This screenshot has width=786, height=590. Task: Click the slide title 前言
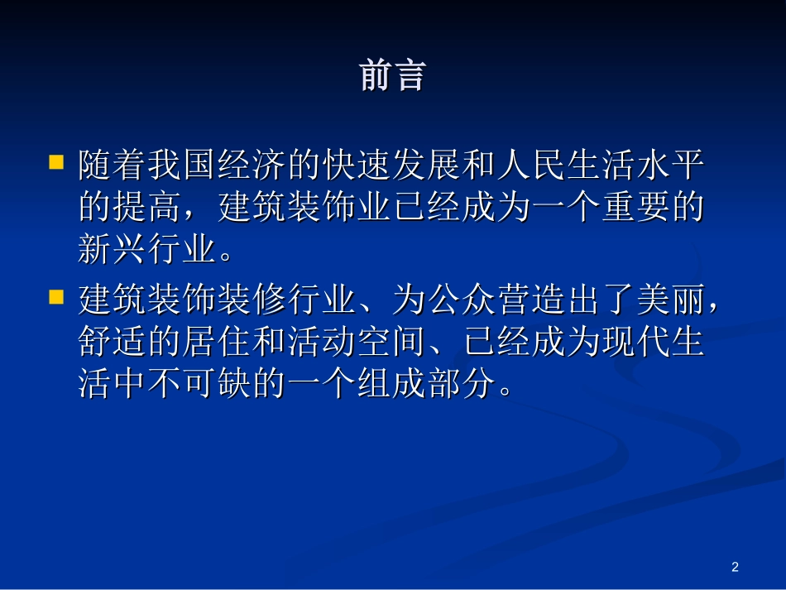pos(392,75)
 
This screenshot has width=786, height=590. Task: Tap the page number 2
pos(735,567)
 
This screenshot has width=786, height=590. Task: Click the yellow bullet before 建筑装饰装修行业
pos(56,295)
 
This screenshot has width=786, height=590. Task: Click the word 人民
pos(514,165)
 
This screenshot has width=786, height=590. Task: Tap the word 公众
pos(462,301)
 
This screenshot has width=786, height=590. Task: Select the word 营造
pos(531,301)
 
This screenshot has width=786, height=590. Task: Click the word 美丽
pos(671,301)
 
